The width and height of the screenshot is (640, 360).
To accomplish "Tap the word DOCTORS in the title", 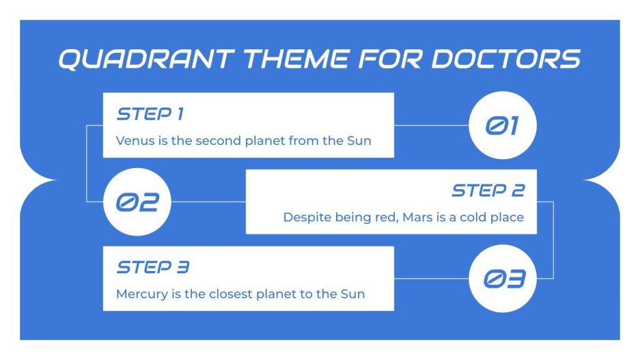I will point(506,59).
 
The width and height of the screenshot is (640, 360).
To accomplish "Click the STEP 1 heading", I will point(150,113).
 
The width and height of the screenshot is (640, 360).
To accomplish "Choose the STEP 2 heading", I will point(488,190).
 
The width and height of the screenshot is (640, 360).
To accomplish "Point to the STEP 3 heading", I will point(152,266).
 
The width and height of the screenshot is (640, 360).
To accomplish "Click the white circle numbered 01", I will point(503,126).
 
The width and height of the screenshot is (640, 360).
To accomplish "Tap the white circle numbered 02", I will point(137,202).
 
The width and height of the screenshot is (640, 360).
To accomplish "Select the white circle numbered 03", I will point(503,279).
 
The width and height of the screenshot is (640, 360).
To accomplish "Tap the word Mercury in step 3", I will point(139,294).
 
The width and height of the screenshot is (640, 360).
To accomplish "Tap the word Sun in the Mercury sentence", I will point(353,294).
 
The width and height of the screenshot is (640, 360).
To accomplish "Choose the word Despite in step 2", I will point(305,218).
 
